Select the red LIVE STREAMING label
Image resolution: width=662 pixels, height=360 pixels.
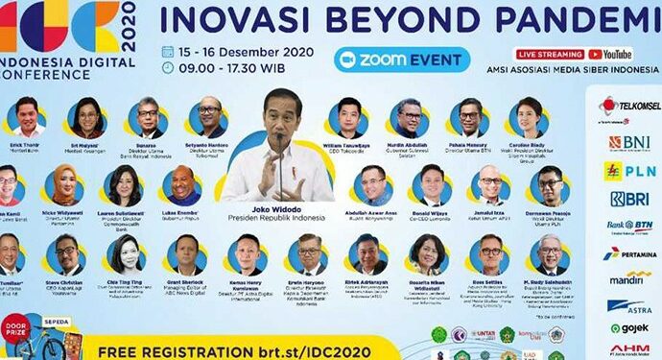pyautogui.click(x=550, y=55)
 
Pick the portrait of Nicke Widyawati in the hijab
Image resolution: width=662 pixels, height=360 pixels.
pyautogui.click(x=64, y=181)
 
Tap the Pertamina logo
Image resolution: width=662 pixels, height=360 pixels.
pyautogui.click(x=629, y=253)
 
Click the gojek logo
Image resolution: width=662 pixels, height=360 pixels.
pyautogui.click(x=629, y=328)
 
